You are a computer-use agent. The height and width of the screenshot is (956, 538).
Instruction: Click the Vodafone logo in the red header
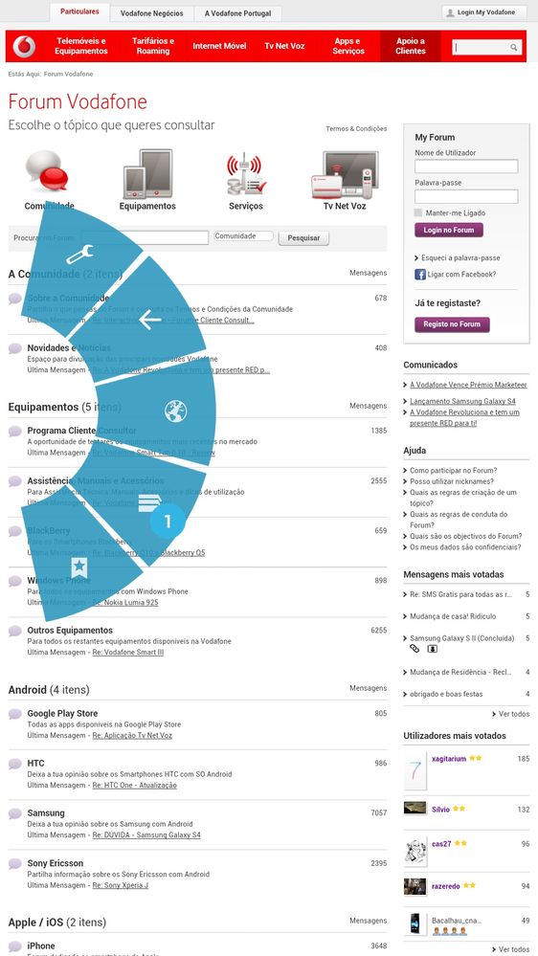[x=26, y=46]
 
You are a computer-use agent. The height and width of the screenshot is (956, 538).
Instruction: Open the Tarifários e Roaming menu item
[x=153, y=46]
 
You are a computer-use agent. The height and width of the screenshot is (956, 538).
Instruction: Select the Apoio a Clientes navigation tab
[x=411, y=46]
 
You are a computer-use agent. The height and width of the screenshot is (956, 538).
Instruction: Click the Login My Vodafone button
[x=484, y=12]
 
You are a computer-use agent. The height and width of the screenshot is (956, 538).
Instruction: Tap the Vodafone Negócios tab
[x=152, y=14]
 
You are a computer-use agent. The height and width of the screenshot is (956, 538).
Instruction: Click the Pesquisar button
[x=303, y=238]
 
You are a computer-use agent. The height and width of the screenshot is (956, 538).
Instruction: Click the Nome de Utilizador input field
[x=466, y=167]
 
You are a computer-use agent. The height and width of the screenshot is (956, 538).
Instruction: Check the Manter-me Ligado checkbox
[x=418, y=212]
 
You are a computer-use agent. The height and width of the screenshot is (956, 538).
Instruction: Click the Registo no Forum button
[x=452, y=324]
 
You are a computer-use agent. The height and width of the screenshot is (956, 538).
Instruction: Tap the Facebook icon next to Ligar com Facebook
[x=420, y=275]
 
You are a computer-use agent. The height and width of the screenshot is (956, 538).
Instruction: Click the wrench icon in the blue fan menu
[x=78, y=256]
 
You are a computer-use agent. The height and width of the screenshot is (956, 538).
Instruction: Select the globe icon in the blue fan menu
[x=175, y=411]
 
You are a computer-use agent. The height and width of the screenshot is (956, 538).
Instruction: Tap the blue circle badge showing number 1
[x=168, y=522]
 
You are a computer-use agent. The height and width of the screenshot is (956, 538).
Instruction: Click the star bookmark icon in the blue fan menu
[x=78, y=567]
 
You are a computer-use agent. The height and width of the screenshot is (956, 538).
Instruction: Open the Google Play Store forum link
[x=62, y=713]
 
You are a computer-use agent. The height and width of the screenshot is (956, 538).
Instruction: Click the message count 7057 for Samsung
[x=378, y=812]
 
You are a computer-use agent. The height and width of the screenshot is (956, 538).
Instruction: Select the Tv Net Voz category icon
[x=344, y=175]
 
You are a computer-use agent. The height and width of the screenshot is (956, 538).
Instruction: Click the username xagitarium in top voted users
[x=448, y=758]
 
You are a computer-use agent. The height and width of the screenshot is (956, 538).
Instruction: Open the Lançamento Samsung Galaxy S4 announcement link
[x=462, y=401]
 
